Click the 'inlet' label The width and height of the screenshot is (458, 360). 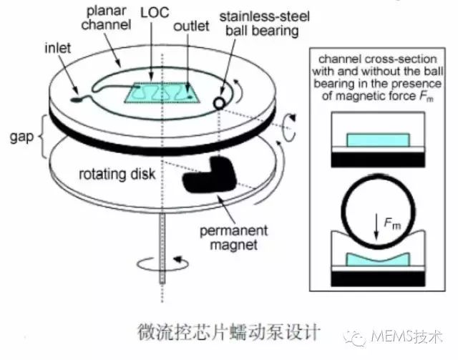coord(57,48)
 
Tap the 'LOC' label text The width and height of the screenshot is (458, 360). coord(155,13)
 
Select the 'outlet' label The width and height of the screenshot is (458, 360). coord(191,26)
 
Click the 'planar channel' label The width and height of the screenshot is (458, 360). coord(106,18)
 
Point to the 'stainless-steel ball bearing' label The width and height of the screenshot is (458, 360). coord(264,24)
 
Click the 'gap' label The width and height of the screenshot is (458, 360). coord(21,137)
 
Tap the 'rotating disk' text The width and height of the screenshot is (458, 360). coord(117,174)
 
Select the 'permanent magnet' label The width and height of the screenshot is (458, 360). coord(234,238)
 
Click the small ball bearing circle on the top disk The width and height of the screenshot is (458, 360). coord(219,103)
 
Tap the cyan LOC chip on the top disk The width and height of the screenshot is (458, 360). coord(162,92)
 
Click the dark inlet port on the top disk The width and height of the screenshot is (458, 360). coord(77,99)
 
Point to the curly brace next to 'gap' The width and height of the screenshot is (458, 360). coord(43,137)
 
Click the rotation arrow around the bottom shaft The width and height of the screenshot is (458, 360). coord(162,264)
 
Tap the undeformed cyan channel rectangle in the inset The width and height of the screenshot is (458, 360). coord(379,140)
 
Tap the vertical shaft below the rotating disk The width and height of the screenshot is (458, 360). coord(162,248)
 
